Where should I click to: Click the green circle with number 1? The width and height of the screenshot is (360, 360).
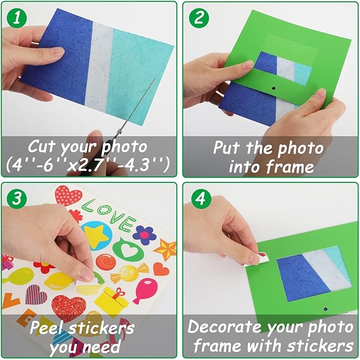pyautogui.click(x=17, y=18)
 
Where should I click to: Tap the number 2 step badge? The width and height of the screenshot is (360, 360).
pyautogui.click(x=199, y=18)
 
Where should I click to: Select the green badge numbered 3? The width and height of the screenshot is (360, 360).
pyautogui.click(x=17, y=198)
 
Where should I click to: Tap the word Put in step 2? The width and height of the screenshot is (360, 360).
pyautogui.click(x=227, y=147)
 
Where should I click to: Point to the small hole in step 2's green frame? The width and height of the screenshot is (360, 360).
pyautogui.click(x=274, y=88)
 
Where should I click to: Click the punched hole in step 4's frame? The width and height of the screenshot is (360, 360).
pyautogui.click(x=325, y=309)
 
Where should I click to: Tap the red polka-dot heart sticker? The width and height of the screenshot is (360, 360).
pyautogui.click(x=68, y=196)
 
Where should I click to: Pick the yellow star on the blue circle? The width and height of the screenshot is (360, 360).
pyautogui.click(x=96, y=236)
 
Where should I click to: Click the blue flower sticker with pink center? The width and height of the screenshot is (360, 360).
pyautogui.click(x=144, y=235)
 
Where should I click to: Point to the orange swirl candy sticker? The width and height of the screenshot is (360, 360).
pyautogui.click(x=106, y=262)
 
